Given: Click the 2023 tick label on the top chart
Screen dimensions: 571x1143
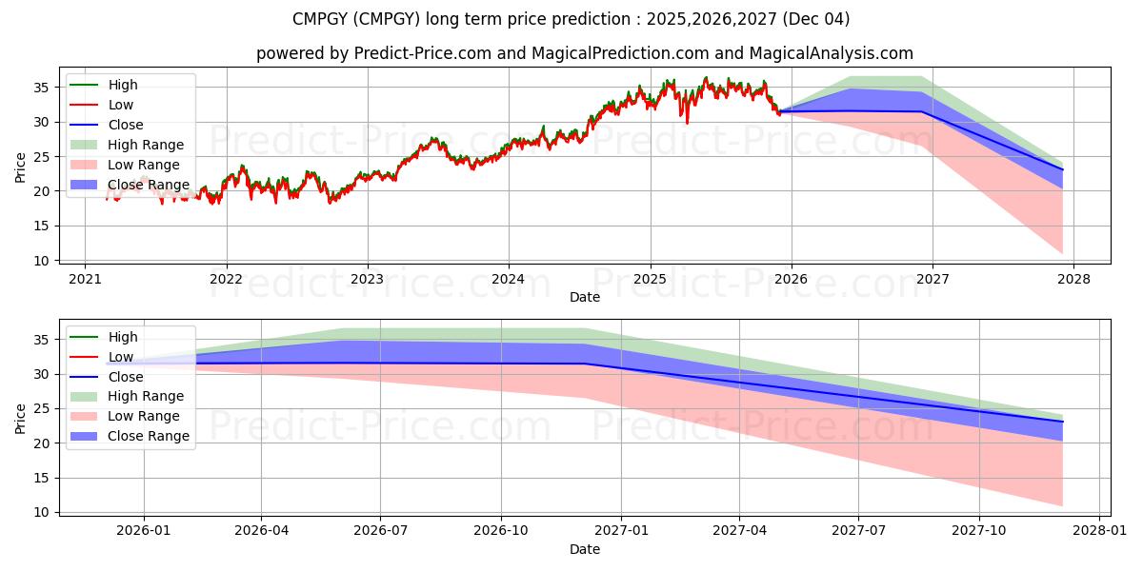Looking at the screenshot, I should click(367, 279).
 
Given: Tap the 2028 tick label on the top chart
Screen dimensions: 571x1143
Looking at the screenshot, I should click(1073, 279).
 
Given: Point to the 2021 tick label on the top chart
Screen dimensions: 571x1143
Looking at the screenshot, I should click(85, 279).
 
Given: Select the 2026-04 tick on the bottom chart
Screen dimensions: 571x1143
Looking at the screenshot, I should click(262, 531).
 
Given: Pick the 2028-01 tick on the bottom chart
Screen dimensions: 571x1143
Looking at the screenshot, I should click(1098, 531).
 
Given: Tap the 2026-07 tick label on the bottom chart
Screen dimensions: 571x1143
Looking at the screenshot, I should click(380, 531).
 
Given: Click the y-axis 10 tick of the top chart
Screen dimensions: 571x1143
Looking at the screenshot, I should click(42, 261).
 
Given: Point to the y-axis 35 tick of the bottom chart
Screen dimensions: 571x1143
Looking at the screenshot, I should click(42, 340).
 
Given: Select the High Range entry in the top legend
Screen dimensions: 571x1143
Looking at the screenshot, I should click(146, 145).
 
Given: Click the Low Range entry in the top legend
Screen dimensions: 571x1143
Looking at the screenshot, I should click(144, 165).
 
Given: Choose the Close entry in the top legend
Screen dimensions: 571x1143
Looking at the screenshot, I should click(126, 125).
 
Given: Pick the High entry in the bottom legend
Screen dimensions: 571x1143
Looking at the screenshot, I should click(123, 337).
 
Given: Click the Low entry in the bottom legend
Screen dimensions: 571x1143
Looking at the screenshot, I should click(121, 357).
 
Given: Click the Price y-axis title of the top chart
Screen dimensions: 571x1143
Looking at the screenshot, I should click(20, 167).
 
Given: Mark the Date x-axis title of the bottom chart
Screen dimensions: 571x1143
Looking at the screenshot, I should click(585, 549).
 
